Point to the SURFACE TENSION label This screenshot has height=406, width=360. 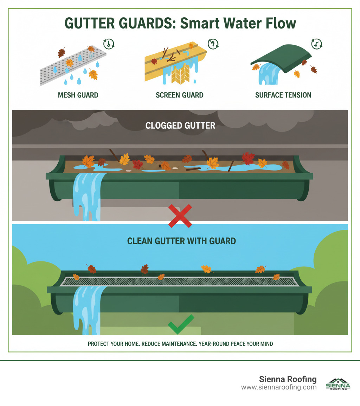coord(283,95)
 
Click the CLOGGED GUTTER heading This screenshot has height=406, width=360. coord(180,125)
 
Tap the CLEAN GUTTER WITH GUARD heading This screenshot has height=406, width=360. coord(181,241)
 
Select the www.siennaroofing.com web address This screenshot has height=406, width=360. coord(279,387)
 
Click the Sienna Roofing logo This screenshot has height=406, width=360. coord(338,384)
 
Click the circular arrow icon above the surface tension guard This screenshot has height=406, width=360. coord(316,44)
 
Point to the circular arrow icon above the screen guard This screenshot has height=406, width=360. coord(213,44)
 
